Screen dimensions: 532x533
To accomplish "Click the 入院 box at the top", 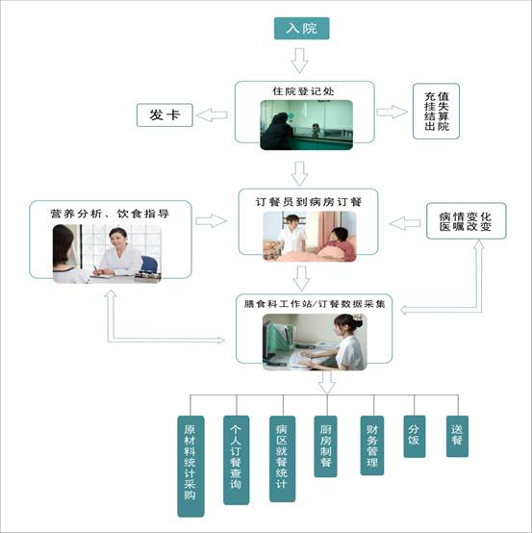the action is coord(301,28).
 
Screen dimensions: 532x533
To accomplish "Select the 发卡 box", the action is coord(165,115).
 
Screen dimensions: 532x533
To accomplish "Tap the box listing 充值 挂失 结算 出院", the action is coord(436,112).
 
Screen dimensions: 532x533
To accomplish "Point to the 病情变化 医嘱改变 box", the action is coord(466,221).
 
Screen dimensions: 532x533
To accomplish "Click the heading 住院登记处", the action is coord(303,91).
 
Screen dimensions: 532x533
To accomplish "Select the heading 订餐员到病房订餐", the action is coord(308,202).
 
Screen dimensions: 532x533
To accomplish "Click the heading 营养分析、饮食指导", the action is coord(110,214).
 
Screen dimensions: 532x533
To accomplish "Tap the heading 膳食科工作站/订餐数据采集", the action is coord(315,304).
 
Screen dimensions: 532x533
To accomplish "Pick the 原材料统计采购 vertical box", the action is coord(190,466).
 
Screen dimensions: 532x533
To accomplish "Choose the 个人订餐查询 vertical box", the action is coord(237,460).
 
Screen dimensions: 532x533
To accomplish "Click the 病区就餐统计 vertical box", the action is coord(282,459).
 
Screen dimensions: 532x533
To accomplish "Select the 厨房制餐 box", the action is coord(326,446).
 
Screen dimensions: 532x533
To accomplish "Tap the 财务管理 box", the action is coord(372,445).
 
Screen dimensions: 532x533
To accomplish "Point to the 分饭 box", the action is coord(415,437).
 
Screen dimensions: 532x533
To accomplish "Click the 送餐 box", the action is coord(457,436).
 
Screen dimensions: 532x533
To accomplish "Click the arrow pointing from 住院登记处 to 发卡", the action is coord(212,114).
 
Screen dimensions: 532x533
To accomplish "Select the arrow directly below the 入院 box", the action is coord(299,61).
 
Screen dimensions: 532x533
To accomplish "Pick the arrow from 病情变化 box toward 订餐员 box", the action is coord(404,223).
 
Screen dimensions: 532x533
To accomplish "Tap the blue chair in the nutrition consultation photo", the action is coord(149,265).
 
